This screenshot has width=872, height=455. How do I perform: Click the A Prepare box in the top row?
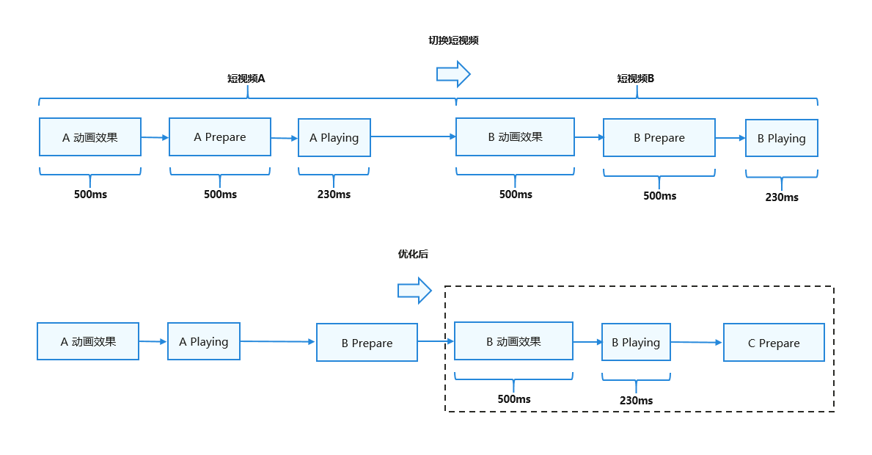220,136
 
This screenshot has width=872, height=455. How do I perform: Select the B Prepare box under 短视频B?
659,137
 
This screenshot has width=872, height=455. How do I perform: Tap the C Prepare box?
774,343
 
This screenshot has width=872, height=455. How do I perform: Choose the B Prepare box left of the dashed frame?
367,343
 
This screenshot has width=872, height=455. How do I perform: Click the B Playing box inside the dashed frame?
636,342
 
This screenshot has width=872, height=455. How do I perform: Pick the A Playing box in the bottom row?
204,341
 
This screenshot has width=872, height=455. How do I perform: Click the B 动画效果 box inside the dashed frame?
513,341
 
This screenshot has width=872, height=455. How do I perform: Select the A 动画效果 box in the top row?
90,136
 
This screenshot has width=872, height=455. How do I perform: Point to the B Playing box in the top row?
781,138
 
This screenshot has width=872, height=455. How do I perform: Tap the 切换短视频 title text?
453,40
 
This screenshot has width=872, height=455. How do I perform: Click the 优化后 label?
413,254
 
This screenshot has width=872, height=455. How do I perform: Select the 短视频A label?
246,79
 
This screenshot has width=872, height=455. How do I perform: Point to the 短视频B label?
635,79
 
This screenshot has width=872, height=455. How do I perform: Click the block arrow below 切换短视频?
453,74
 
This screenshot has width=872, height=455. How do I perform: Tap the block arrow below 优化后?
414,291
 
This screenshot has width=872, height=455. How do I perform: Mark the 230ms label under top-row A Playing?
334,194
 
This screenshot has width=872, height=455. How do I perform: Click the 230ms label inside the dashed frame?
636,401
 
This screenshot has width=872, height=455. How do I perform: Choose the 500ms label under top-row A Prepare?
220,194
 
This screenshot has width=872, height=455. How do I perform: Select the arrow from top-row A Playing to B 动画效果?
413,136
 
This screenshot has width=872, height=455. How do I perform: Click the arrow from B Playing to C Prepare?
696,342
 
